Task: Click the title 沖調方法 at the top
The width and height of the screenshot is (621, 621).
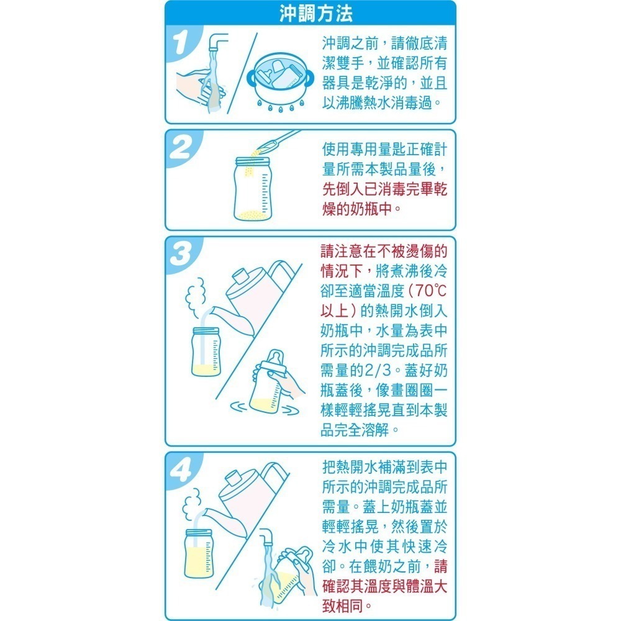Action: pos(310,12)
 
